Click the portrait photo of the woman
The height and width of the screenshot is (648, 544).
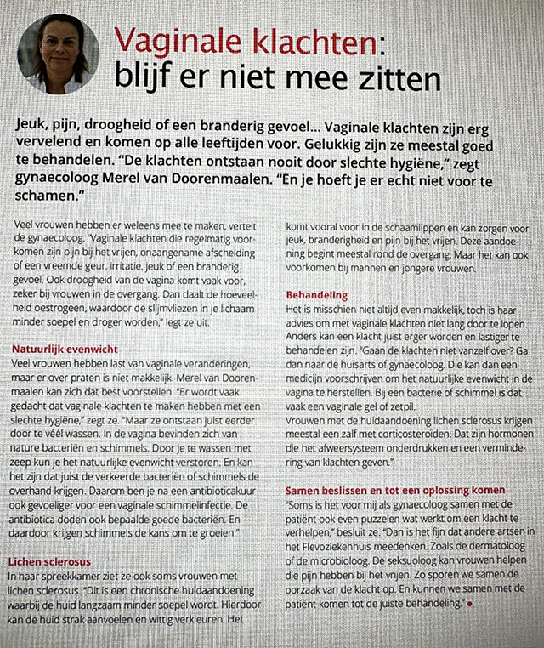58,53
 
